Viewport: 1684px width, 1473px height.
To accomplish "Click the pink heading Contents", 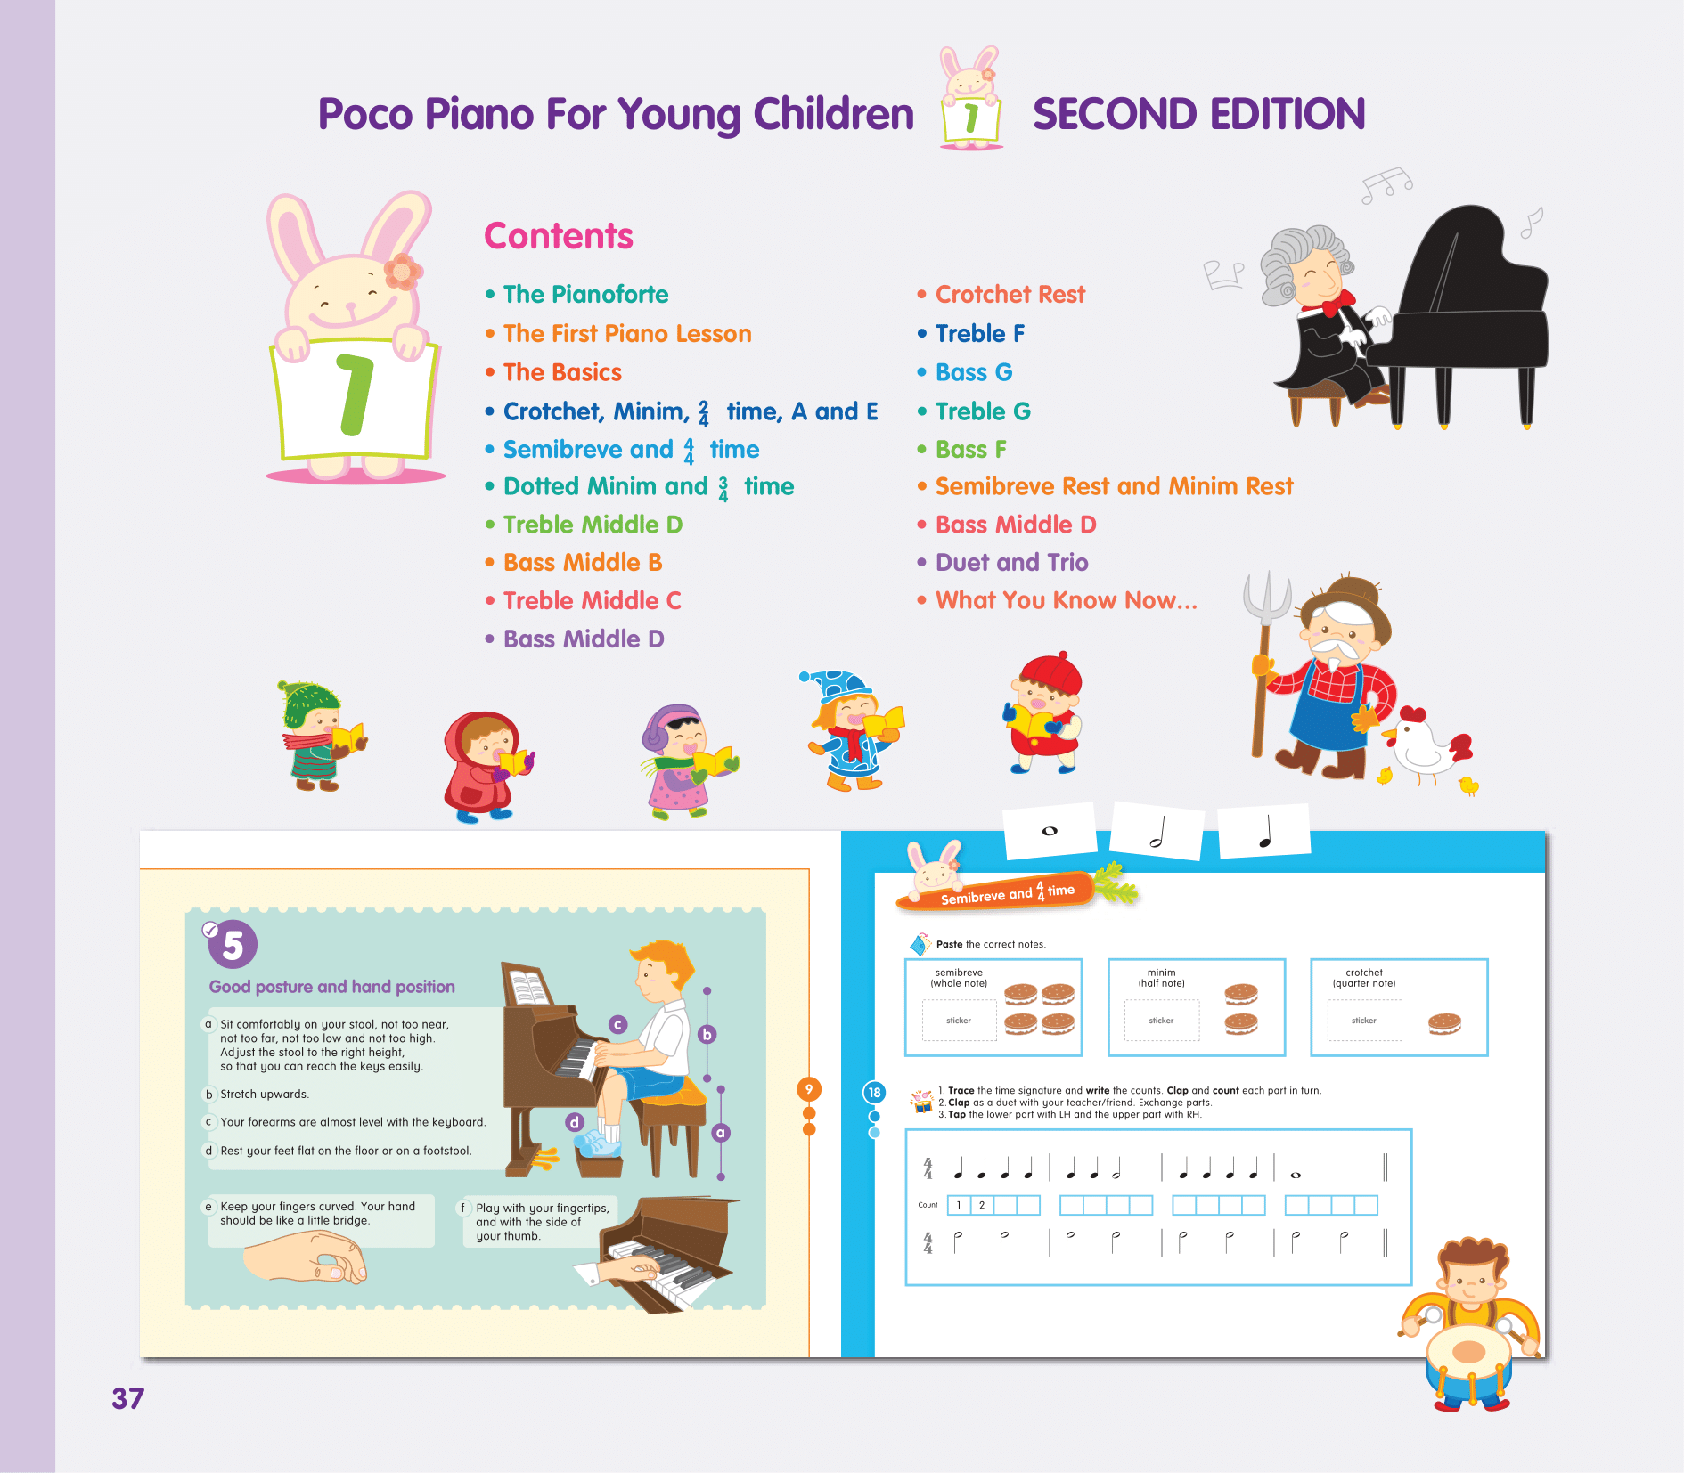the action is click(559, 236).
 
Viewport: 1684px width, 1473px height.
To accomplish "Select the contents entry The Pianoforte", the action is click(585, 294).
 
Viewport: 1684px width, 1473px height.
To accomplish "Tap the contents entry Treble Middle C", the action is click(592, 600).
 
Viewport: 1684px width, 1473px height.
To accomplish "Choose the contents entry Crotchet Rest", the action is click(1010, 294).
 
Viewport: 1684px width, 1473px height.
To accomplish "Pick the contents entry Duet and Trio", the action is click(1011, 562).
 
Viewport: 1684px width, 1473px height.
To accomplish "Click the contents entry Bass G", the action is click(974, 372).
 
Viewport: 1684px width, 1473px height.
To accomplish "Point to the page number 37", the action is click(127, 1398).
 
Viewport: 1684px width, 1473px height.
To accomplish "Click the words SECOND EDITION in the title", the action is click(1198, 114).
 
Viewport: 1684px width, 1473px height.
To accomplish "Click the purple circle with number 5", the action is click(233, 945).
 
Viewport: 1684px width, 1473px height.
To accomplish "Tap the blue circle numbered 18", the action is click(874, 1093).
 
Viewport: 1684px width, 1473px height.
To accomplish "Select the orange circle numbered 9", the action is click(809, 1089).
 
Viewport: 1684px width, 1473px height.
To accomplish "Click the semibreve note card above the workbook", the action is click(1050, 831).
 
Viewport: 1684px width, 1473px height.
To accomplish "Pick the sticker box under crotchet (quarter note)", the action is click(1364, 1021).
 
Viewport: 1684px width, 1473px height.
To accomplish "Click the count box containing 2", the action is click(982, 1205).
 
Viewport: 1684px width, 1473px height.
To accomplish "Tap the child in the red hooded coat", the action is click(486, 766).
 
